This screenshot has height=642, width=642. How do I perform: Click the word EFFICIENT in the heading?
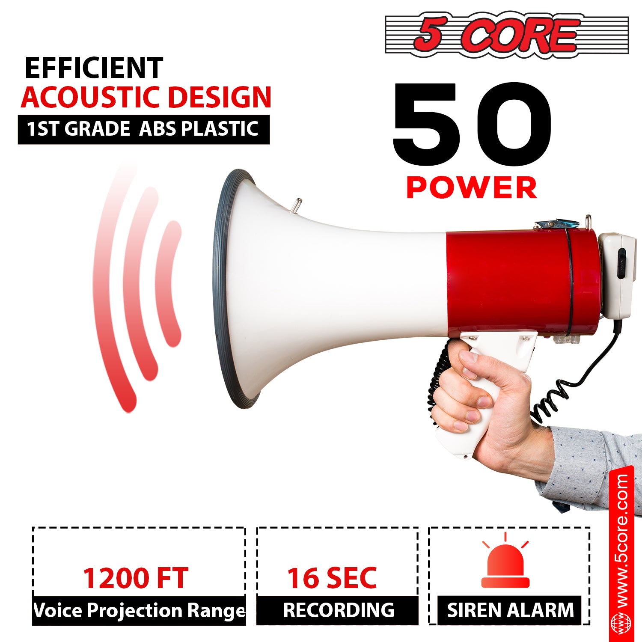(94, 68)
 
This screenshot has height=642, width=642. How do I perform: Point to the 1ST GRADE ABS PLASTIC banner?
(143, 129)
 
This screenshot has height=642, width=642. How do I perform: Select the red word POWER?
(471, 187)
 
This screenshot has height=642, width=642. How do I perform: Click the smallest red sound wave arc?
(169, 282)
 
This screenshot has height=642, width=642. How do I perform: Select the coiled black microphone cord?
(552, 398)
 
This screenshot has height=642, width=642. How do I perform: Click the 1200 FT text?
(135, 578)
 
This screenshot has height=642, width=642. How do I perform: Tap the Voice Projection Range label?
(139, 610)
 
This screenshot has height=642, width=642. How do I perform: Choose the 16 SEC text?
(332, 578)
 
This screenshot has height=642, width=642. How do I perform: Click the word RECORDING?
(338, 610)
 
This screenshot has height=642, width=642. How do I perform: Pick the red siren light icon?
(505, 565)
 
